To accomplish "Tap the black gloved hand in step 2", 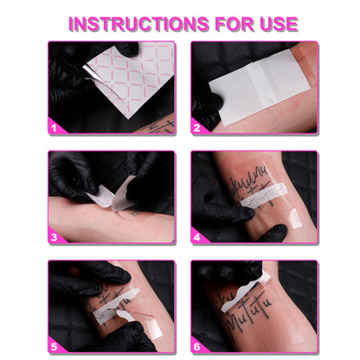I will [x=208, y=108].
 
